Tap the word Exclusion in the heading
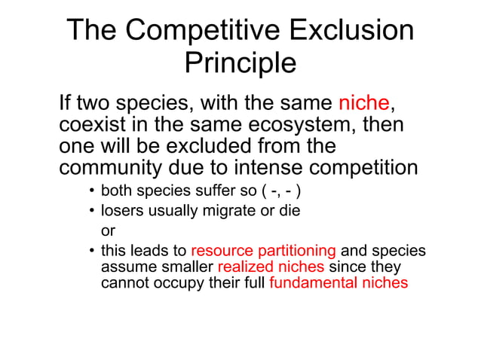coord(352,30)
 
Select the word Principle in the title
coord(240,63)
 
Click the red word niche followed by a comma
coord(365,102)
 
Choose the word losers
coord(121,211)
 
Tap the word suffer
coord(205,191)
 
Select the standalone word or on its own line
coord(108,231)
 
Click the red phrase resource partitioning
coord(263,251)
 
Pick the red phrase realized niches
coord(271,267)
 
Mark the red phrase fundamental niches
coord(339,283)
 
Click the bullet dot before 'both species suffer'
coord(90,191)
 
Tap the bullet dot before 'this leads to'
coord(90,251)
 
